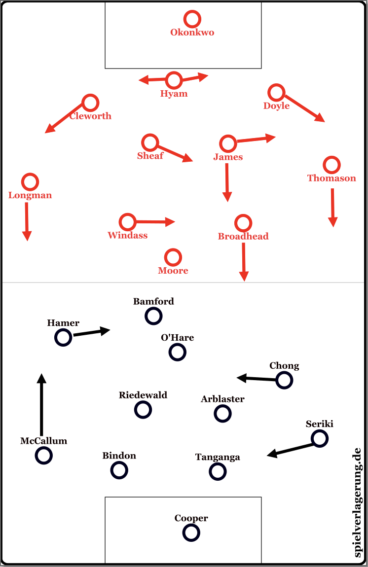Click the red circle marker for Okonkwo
[x=192, y=19]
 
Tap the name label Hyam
[x=174, y=94]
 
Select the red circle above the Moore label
[x=173, y=257]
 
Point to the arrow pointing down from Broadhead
[x=244, y=261]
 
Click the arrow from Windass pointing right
[x=155, y=222]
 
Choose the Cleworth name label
[x=90, y=116]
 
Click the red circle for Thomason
[x=331, y=165]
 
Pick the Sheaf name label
[x=150, y=156]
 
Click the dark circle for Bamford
[x=153, y=316]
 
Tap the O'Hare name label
[x=177, y=338]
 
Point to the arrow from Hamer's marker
[x=91, y=332]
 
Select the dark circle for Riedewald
[x=143, y=409]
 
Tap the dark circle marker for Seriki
[x=320, y=438]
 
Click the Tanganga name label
[x=218, y=457]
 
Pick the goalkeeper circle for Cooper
[x=191, y=532]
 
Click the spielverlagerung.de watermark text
[x=358, y=502]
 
